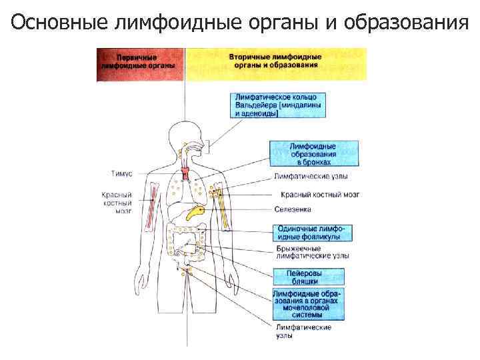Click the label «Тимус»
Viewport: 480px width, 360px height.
coord(121,173)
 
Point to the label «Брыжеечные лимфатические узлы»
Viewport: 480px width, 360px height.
coord(312,253)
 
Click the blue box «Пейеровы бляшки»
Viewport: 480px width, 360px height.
coord(308,277)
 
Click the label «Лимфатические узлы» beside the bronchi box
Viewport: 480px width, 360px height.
coord(311,177)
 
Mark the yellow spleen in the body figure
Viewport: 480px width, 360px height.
coord(196,212)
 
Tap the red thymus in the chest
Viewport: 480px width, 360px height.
coord(187,175)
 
